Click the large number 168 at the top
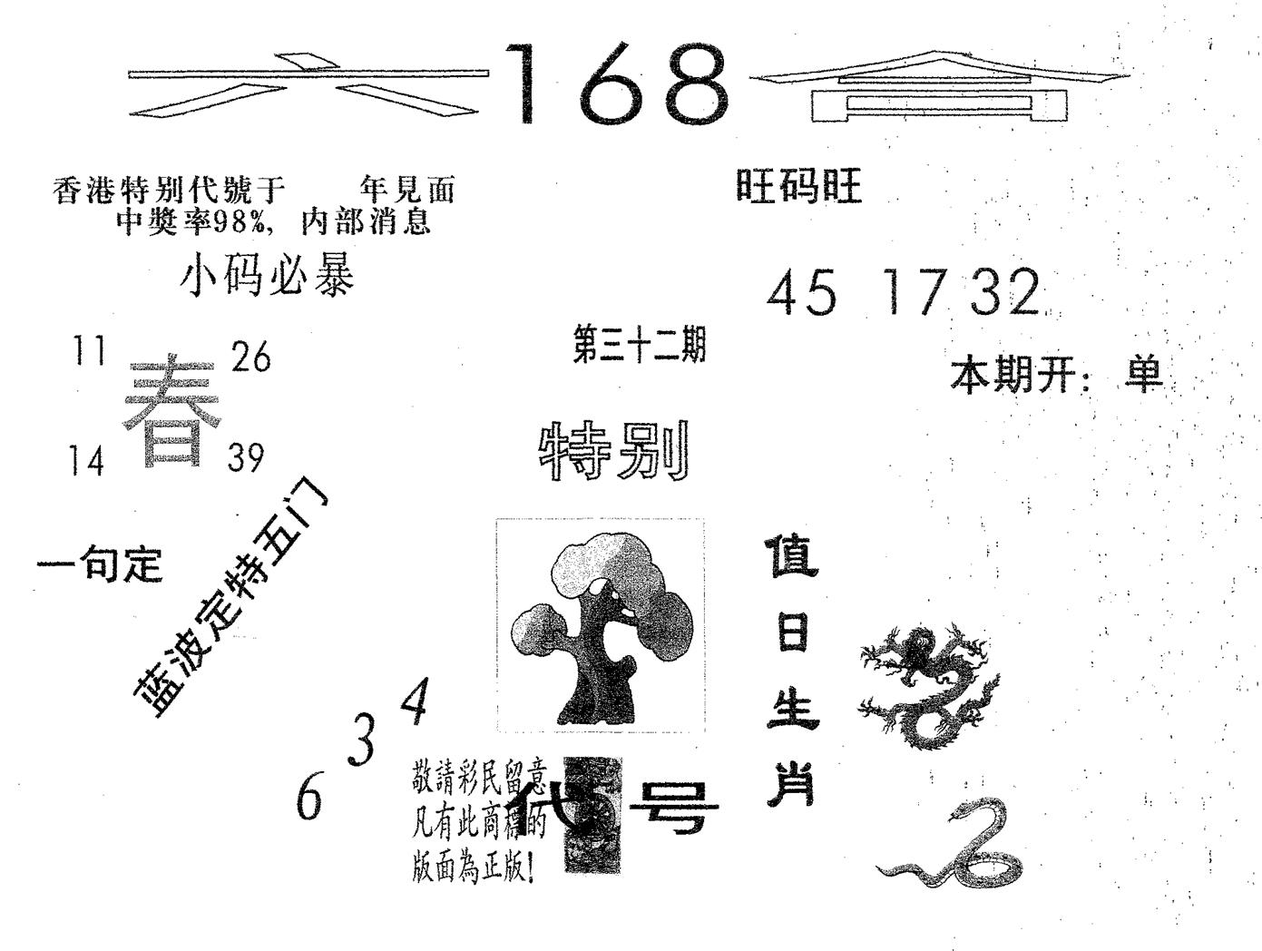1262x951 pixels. tap(617, 85)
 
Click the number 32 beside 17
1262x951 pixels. tap(1003, 294)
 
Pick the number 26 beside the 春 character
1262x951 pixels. tap(251, 357)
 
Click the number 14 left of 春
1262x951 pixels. tap(87, 462)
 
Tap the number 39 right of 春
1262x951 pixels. tap(246, 458)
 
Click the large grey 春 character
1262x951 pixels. tap(172, 413)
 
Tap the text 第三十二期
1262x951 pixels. tap(639, 347)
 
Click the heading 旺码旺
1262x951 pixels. tap(798, 188)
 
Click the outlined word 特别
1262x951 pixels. tap(615, 451)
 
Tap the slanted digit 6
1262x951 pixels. tap(309, 799)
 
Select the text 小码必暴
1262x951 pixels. tap(268, 275)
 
